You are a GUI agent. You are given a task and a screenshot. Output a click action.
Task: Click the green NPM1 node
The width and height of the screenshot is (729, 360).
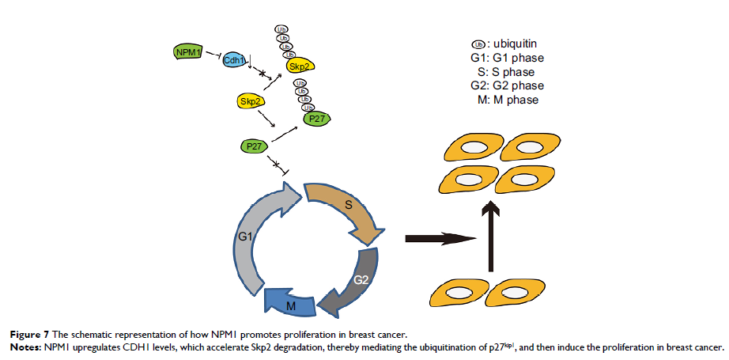tap(187, 53)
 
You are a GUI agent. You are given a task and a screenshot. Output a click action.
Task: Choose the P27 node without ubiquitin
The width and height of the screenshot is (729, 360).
tap(255, 146)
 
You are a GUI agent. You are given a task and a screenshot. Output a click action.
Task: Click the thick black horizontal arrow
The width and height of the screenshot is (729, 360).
tap(443, 237)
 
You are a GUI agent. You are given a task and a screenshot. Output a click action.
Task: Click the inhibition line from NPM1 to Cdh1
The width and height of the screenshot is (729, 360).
tap(213, 53)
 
